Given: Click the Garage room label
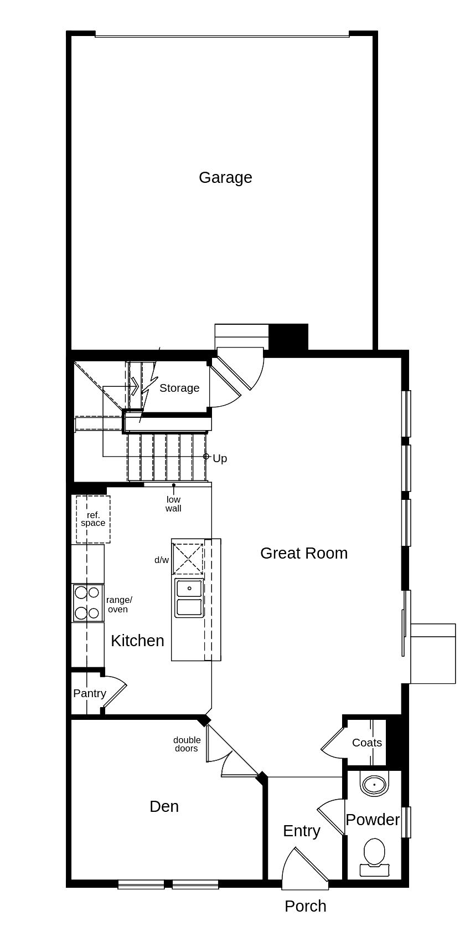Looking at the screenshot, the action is click(225, 177).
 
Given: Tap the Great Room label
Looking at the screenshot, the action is click(304, 553).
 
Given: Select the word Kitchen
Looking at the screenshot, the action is click(137, 641).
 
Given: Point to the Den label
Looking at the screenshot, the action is click(164, 806).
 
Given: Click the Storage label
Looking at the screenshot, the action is click(179, 388).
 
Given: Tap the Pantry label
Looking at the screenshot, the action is click(90, 693).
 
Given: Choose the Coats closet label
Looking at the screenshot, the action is click(367, 743).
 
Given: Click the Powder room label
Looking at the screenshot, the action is click(373, 820).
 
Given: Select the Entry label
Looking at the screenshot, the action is click(302, 831).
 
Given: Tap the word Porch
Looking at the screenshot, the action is click(306, 907).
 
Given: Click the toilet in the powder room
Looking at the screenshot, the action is click(374, 857).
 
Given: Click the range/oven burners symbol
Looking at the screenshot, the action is click(87, 603).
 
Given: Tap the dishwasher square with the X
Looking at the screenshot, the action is click(188, 559).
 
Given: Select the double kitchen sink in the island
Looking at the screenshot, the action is click(189, 597).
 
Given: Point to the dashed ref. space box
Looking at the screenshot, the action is click(93, 519).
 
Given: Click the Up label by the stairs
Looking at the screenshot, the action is click(220, 458).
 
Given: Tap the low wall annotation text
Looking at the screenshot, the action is click(174, 504).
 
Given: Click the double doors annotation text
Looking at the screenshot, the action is click(187, 744).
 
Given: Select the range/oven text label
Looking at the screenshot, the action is click(119, 605).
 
